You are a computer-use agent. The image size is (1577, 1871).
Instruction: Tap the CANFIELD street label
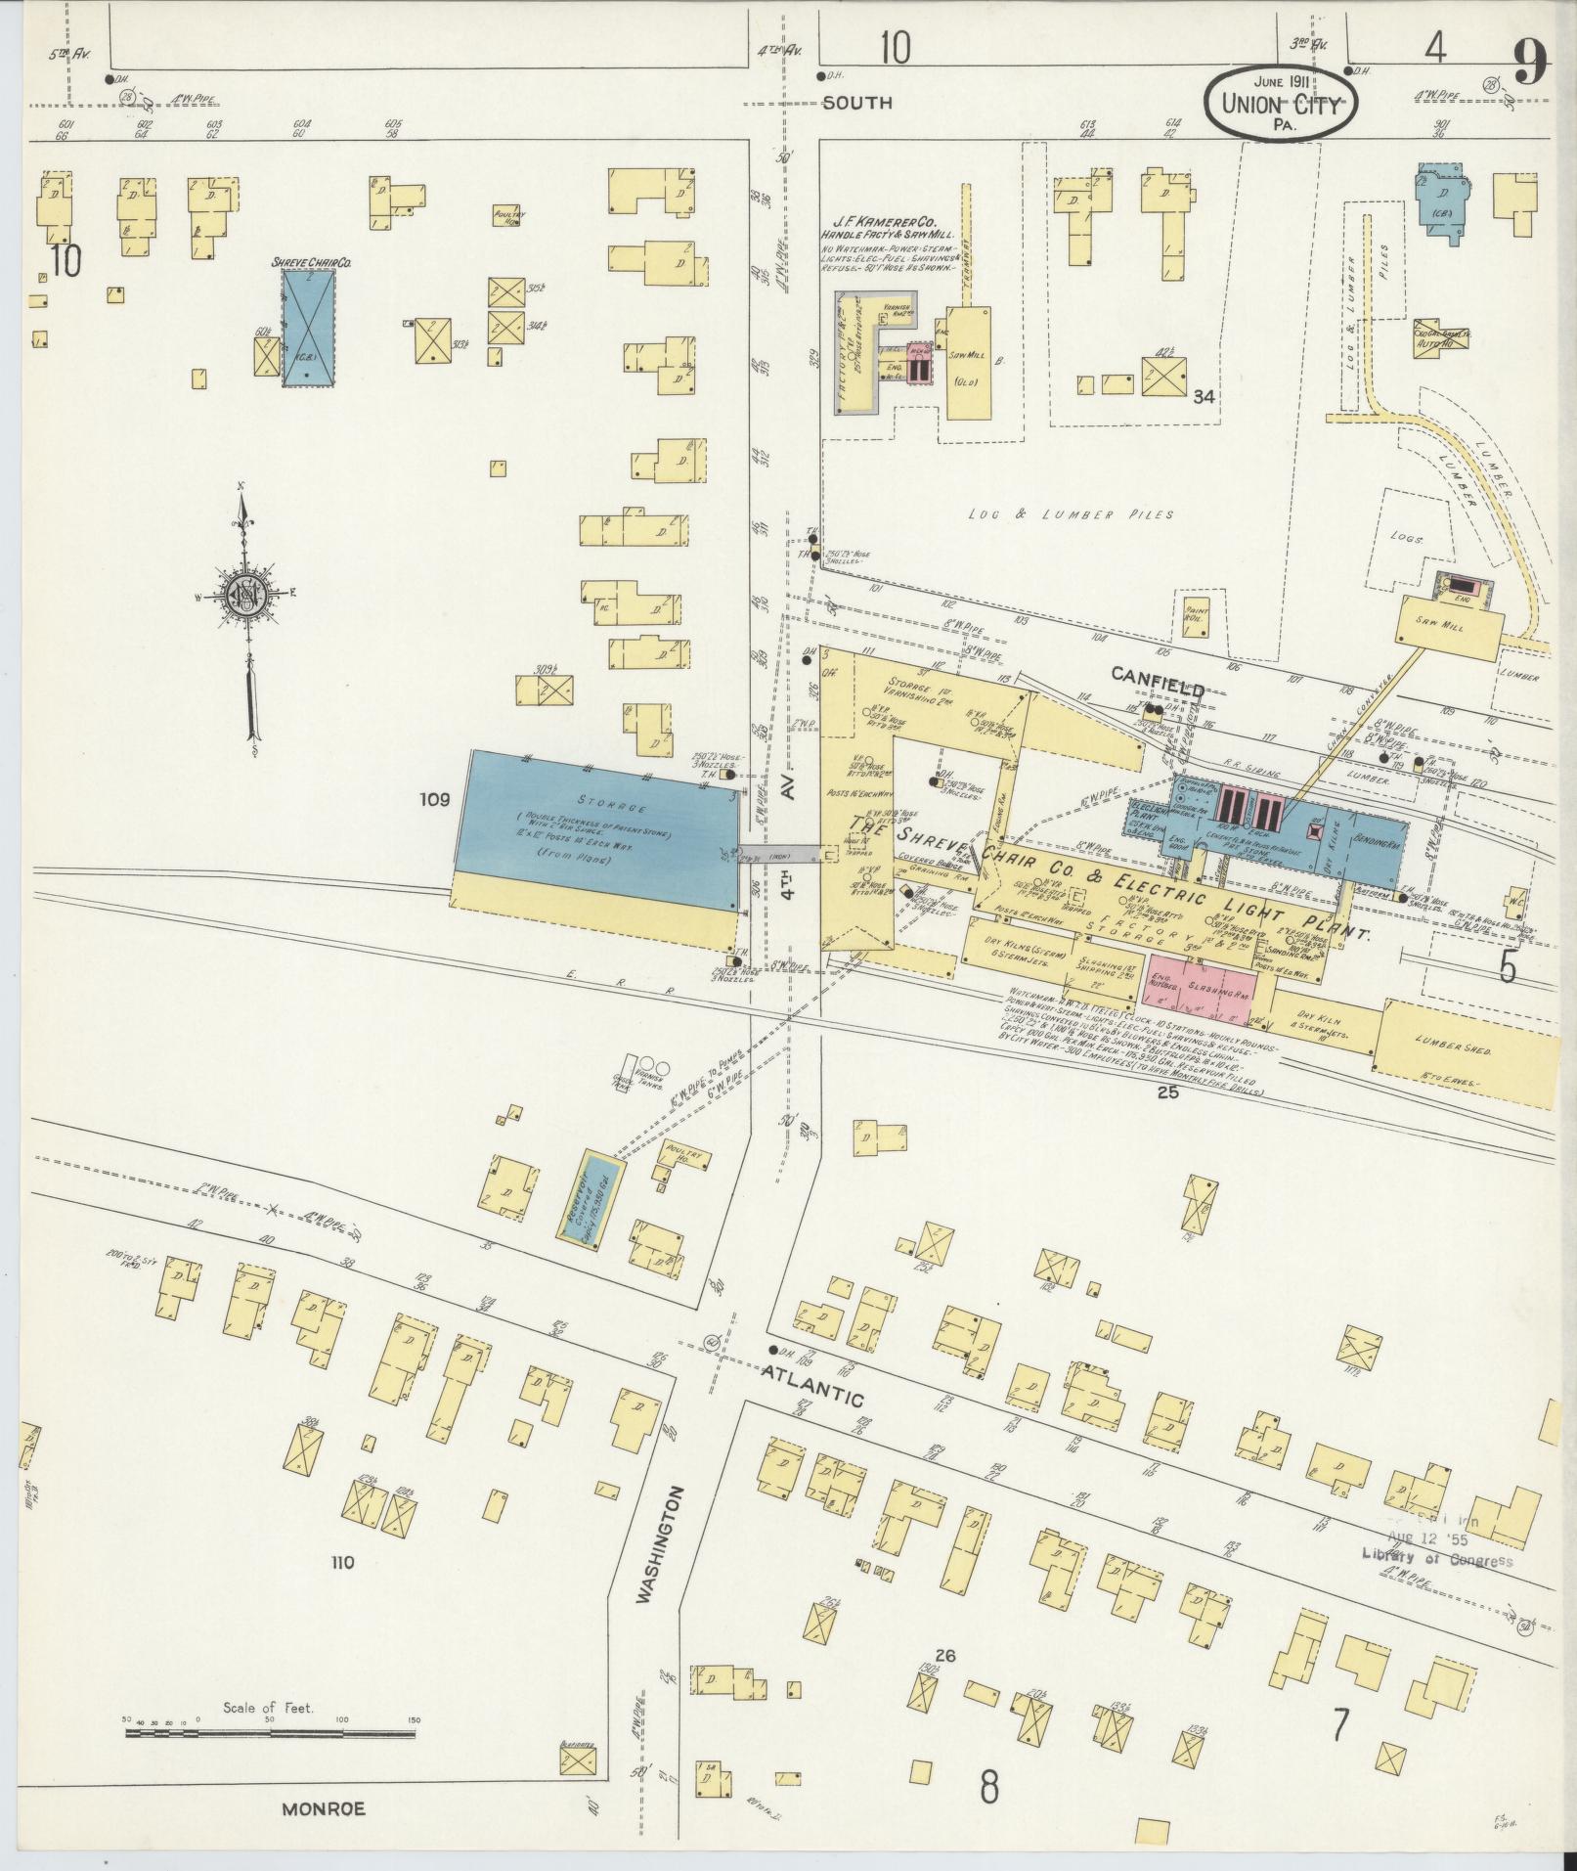pos(1157,690)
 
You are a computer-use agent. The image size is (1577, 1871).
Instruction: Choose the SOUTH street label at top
pos(856,102)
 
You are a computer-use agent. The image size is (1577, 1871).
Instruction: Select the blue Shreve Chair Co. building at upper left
pos(309,327)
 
